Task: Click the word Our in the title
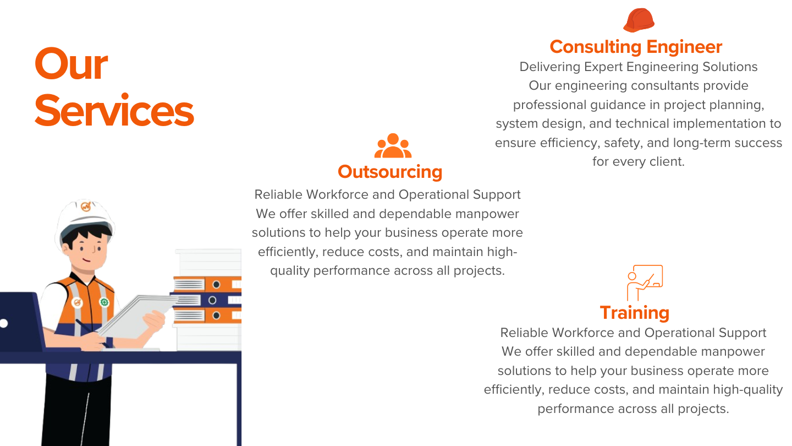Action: (x=71, y=64)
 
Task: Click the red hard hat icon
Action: (x=639, y=20)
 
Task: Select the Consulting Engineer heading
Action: (x=636, y=47)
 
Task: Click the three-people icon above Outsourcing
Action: (x=393, y=145)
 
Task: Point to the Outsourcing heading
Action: (x=390, y=172)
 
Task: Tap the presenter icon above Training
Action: (x=645, y=282)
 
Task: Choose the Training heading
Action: (x=635, y=313)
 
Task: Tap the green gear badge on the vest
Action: (x=104, y=302)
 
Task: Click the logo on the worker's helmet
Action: (x=86, y=206)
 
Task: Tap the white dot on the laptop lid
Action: (x=4, y=323)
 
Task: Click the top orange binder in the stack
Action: (x=207, y=284)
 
